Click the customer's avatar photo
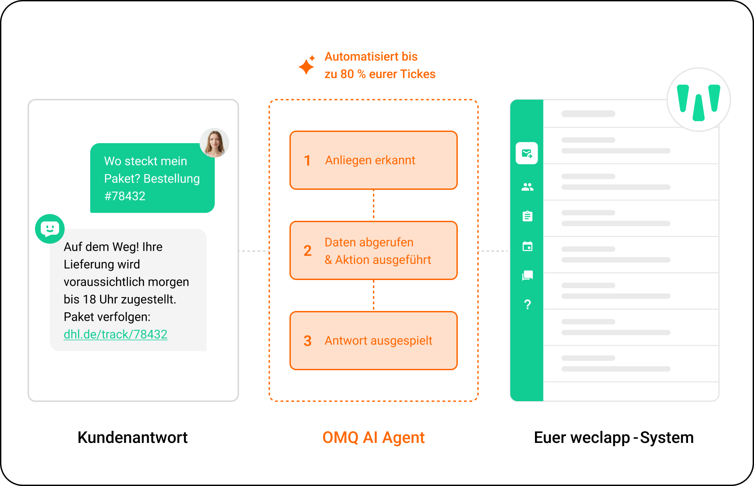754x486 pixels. pyautogui.click(x=215, y=143)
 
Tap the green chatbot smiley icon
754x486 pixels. pyautogui.click(x=50, y=229)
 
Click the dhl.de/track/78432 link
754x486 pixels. pyautogui.click(x=115, y=334)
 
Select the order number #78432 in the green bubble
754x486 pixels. pyautogui.click(x=125, y=196)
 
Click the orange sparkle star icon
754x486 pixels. pyautogui.click(x=307, y=65)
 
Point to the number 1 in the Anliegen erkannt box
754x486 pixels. pyautogui.click(x=307, y=161)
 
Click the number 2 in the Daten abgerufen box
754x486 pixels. pyautogui.click(x=307, y=251)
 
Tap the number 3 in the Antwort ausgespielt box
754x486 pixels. pyautogui.click(x=307, y=341)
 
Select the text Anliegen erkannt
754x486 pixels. pyautogui.click(x=370, y=160)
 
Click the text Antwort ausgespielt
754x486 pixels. pyautogui.click(x=378, y=341)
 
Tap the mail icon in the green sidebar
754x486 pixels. pyautogui.click(x=527, y=153)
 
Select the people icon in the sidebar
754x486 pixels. pyautogui.click(x=527, y=187)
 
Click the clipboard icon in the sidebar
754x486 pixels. pyautogui.click(x=527, y=216)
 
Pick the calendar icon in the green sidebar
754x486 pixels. pyautogui.click(x=527, y=246)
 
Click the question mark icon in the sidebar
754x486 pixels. pyautogui.click(x=527, y=305)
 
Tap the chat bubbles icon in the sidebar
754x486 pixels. pyautogui.click(x=527, y=276)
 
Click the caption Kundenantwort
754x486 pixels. pyautogui.click(x=133, y=438)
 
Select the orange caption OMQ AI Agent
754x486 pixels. pyautogui.click(x=373, y=438)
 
